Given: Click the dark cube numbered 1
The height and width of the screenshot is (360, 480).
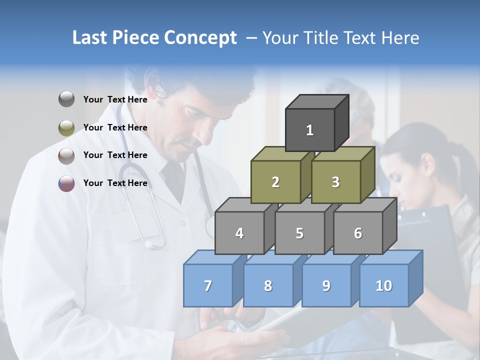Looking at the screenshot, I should coord(310,130).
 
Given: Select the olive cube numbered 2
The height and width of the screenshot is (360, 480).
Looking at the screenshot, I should coord(275,182).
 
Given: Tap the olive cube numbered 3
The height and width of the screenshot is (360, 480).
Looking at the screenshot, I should coord(335,182).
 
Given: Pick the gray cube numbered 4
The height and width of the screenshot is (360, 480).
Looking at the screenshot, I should coord(239,233).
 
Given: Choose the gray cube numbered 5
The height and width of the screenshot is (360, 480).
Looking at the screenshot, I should coord(299,233).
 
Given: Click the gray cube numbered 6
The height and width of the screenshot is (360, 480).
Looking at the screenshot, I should coord(358,233).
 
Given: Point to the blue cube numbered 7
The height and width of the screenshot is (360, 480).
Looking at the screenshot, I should coord(208,285).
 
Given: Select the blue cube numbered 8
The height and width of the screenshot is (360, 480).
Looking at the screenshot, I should coord(268,285).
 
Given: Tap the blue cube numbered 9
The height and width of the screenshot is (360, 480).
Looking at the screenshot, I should coord(326,285).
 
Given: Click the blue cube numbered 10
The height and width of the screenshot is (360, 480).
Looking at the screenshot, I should coord(384,285).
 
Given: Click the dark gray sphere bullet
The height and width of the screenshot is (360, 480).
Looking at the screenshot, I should coord(66,99).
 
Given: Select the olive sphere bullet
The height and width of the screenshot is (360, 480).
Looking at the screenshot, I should coord(66,127).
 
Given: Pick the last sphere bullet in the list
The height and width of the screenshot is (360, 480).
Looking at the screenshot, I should coord(66,183).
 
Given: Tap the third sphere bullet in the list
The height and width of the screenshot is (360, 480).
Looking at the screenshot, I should coord(66,155).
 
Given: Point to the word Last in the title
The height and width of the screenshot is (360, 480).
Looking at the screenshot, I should coord(91,38).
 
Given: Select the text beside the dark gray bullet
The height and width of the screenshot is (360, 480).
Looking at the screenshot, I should coord(115,99).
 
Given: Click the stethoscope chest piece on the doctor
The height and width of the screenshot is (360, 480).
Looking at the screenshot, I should coord(148,244).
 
